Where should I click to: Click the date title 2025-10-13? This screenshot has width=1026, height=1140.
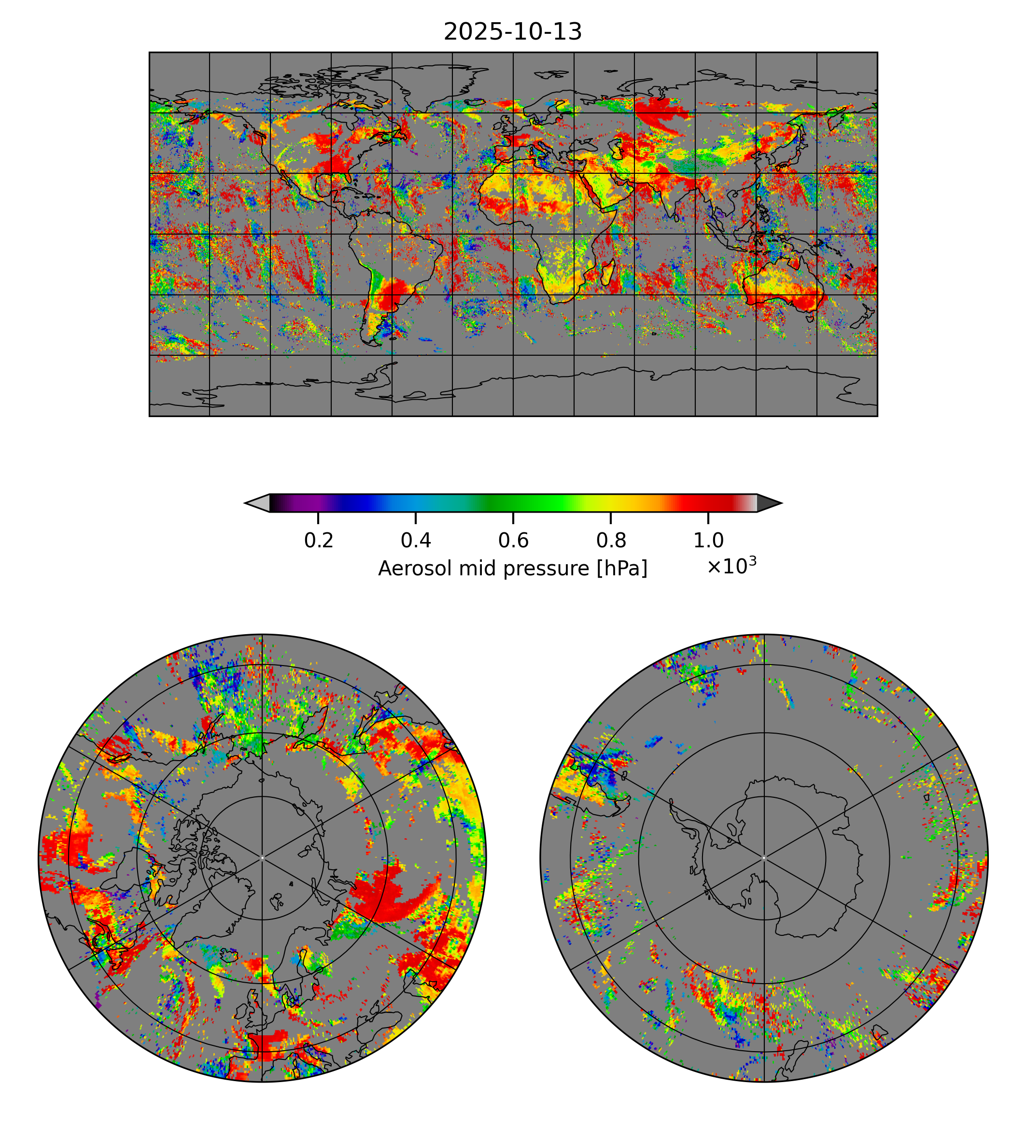point(512,32)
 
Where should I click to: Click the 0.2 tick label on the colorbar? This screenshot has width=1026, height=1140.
point(319,541)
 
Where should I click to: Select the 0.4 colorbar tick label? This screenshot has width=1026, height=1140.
point(416,541)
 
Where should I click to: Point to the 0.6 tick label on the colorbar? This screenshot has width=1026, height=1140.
point(513,541)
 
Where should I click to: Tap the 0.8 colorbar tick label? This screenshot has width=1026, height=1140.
point(610,541)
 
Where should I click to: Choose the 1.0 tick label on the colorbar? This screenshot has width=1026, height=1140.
point(708,541)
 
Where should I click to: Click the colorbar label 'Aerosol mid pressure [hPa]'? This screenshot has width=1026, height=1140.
point(512,569)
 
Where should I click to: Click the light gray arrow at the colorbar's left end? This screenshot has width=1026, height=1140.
point(258,502)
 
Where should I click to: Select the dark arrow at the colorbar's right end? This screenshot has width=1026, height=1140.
point(768,502)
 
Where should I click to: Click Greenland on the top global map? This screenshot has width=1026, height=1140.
point(434,84)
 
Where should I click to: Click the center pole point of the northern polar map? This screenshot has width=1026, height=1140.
point(262,858)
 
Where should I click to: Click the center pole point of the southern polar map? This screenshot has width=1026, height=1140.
point(764,858)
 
